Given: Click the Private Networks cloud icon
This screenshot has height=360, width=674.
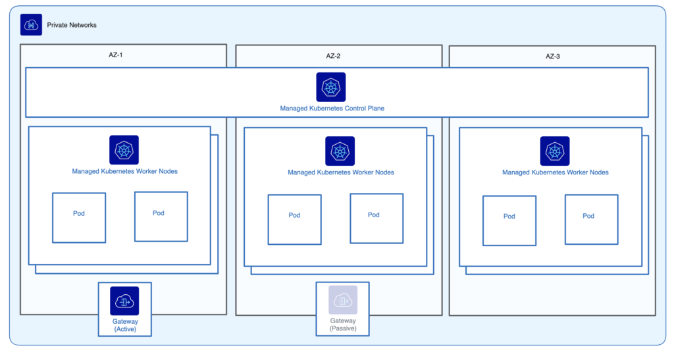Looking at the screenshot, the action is point(31,24).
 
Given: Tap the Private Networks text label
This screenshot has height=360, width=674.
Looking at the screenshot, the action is point(72,25).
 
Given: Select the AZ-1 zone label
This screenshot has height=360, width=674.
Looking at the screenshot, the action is point(116,55).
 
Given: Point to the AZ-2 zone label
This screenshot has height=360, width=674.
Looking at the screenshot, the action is point(333,56).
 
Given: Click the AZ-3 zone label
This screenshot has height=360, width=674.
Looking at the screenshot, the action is point(553,57).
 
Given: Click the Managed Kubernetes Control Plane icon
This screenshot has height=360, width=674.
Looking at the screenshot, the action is point(331,88).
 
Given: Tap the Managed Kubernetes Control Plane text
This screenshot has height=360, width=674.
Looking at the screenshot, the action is point(332,108).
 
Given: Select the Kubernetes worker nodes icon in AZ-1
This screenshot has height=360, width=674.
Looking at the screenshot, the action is point(124,150).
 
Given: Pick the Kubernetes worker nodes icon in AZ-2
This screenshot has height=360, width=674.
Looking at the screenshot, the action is point(340,151).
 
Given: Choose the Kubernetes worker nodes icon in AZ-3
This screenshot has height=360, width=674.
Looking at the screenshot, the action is point(555,151).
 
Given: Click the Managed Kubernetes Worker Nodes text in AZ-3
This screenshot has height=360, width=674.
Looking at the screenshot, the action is point(556,172).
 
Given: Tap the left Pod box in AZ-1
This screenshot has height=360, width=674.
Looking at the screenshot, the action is point(79,218).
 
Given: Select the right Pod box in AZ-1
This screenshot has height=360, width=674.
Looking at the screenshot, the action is point(161,217).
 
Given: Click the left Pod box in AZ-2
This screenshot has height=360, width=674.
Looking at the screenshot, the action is point(294,220).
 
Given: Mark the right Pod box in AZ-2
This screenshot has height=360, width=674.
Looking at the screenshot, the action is point(376,219).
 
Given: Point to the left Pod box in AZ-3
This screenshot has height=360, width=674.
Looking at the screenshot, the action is point(509,221).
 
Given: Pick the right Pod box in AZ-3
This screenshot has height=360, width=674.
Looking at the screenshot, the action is point(592,220).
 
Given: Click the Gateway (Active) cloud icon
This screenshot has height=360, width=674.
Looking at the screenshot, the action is point(124,301).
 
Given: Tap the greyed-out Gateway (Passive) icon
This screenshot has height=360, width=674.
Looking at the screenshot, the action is point(343,300).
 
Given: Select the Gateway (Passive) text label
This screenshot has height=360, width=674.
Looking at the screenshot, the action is point(343,324).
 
